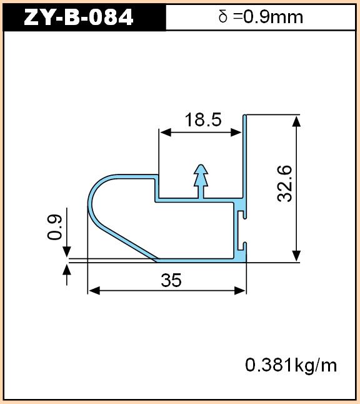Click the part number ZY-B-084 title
(x=79, y=17)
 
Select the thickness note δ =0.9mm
(x=261, y=17)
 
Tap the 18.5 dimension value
(x=203, y=120)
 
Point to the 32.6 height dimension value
(x=285, y=184)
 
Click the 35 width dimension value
(x=171, y=280)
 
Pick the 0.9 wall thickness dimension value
(x=54, y=227)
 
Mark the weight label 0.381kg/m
(x=291, y=365)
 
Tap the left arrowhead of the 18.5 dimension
(x=165, y=133)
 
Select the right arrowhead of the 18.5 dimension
(x=236, y=133)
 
